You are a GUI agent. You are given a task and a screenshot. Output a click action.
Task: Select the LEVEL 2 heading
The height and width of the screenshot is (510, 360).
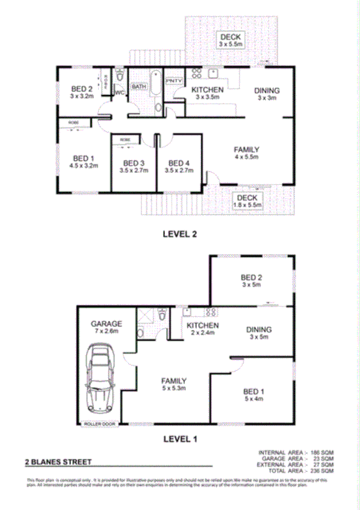(180, 234)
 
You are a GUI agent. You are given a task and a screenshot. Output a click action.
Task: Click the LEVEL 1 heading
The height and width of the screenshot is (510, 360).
(180, 438)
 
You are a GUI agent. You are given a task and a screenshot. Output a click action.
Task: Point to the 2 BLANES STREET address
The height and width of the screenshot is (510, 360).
(58, 462)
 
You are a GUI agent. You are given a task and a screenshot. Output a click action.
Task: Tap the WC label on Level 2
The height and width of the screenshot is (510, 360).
(119, 93)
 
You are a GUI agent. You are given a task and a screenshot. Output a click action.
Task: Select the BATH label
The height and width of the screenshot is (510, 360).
(139, 87)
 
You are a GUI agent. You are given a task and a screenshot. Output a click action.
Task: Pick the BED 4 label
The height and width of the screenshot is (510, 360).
(179, 163)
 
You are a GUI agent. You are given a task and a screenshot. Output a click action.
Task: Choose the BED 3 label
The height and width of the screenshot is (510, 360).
(133, 163)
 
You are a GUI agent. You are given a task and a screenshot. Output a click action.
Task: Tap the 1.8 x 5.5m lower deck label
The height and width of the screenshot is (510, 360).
(247, 205)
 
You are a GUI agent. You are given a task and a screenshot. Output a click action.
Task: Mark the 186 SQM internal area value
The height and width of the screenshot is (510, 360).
(322, 453)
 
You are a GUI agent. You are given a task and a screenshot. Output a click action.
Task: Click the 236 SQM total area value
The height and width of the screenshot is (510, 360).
(322, 471)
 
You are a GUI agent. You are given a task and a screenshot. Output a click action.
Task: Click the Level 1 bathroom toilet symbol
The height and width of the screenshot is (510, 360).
(162, 314)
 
